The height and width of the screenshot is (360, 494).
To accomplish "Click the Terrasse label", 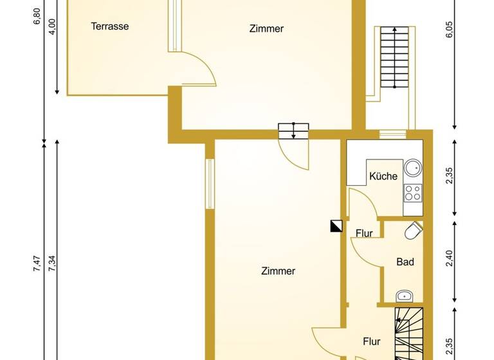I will (110, 26).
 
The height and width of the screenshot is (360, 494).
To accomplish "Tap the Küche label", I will (383, 176).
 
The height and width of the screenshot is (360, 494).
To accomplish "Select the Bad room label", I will (405, 262).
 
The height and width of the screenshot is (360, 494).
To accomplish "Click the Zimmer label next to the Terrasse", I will (266, 28).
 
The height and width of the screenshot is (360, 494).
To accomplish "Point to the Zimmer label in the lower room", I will (278, 271).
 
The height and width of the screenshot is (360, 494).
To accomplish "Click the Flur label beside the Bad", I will (364, 233).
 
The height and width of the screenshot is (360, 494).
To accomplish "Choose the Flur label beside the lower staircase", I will (371, 341).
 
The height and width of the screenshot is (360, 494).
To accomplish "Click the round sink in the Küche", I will (413, 168).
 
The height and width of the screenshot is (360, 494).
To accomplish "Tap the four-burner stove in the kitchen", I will (412, 192).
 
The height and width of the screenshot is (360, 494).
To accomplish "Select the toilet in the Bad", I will (414, 230).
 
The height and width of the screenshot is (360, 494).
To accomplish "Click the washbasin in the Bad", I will (405, 296).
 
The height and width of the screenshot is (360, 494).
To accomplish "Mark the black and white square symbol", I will (335, 226).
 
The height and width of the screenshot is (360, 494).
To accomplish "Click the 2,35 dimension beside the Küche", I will (450, 177).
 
